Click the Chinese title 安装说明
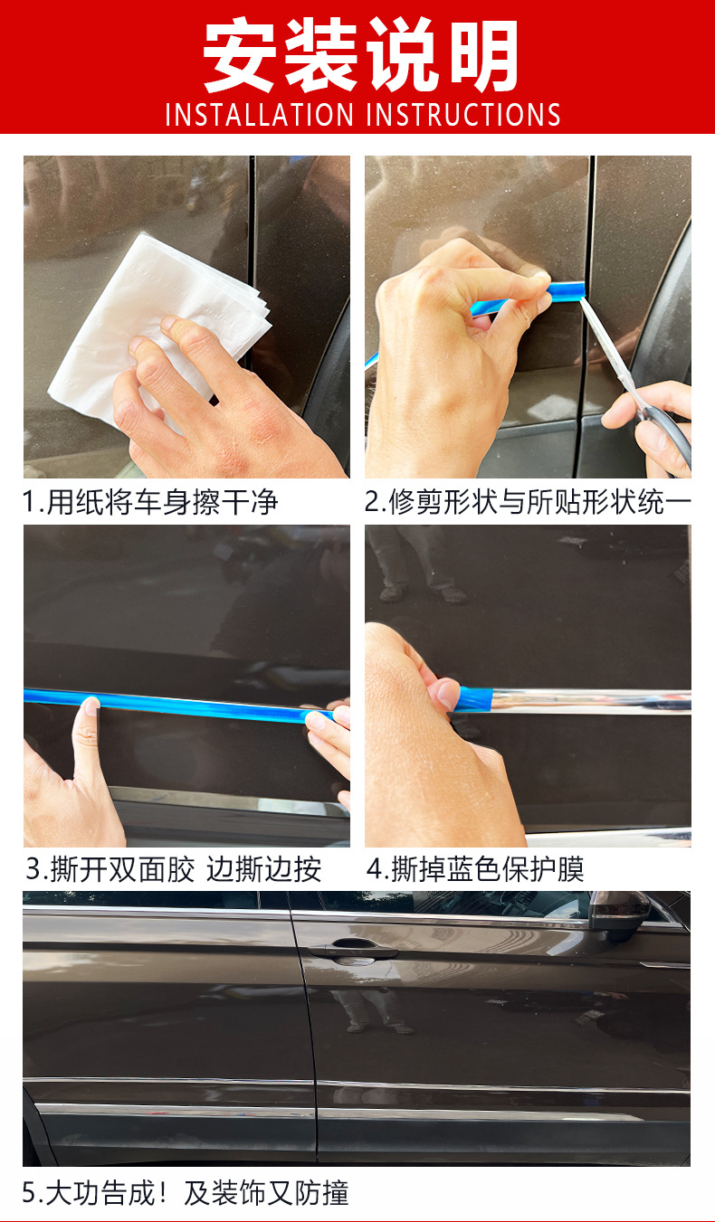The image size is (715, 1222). coord(360,56)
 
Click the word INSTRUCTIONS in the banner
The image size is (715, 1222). coord(463,115)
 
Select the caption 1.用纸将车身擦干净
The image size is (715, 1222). coord(150,502)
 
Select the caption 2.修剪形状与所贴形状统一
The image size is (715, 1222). coord(528,502)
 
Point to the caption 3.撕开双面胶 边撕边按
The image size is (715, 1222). coord(173,869)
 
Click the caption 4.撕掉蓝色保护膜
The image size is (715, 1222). coord(475,869)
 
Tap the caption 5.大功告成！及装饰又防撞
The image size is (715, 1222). coord(186,1193)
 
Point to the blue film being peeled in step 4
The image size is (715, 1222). coord(474,698)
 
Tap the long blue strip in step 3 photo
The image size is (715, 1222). coord(181,704)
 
